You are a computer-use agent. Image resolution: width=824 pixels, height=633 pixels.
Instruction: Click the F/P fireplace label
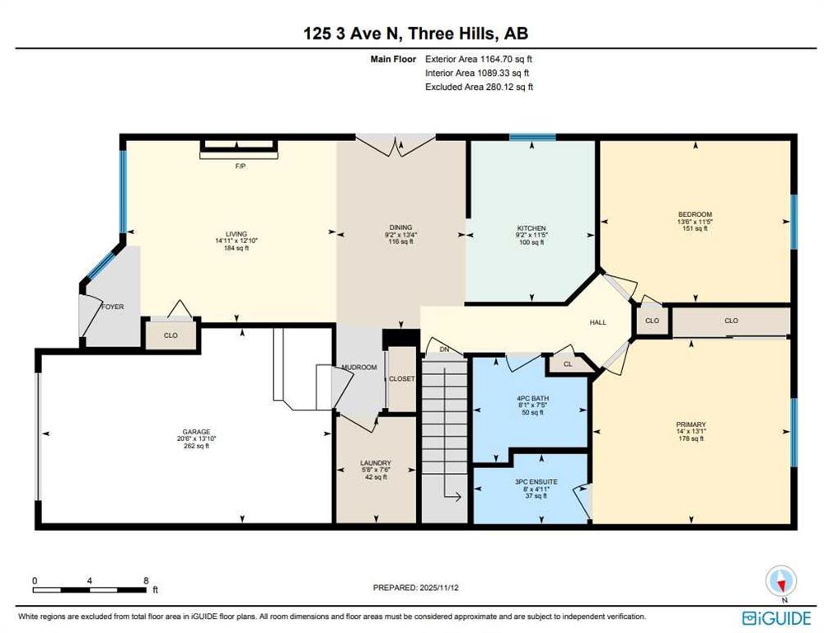click(x=240, y=166)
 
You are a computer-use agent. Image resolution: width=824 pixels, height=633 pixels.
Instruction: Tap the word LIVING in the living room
click(x=236, y=234)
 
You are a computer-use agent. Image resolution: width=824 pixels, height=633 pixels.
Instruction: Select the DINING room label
click(x=401, y=227)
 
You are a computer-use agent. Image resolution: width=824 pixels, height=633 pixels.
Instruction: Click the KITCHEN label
click(x=531, y=228)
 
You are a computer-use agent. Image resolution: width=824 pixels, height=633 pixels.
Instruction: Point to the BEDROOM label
click(x=695, y=214)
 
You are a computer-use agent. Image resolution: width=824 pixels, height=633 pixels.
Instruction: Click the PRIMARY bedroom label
click(x=691, y=424)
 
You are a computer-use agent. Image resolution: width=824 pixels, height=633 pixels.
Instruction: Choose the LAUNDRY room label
click(x=376, y=463)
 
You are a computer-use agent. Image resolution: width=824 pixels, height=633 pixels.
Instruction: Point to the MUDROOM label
click(x=359, y=367)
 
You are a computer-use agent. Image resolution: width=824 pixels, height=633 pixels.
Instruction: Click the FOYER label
click(x=112, y=307)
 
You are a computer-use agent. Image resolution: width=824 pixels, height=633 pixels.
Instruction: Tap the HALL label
click(x=598, y=322)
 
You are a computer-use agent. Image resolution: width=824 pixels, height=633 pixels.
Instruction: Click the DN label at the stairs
click(x=445, y=349)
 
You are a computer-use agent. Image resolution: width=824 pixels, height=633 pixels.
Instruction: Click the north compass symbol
click(x=781, y=581)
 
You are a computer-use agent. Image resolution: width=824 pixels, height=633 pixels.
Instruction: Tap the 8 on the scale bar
click(x=146, y=580)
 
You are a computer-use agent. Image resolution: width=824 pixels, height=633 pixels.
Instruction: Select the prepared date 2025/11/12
click(x=438, y=588)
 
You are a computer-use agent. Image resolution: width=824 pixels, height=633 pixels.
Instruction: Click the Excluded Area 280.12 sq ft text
click(x=480, y=87)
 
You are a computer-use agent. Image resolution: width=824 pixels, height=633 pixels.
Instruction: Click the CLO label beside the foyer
click(x=171, y=335)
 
